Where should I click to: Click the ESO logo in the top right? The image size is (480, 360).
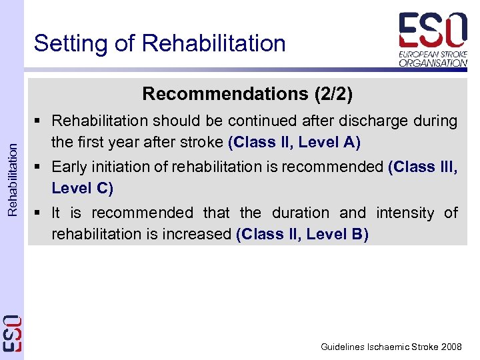coord(433,39)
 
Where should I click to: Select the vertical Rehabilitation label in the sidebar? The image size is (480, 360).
coord(13,173)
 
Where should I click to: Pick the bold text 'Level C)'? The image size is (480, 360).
coord(83,188)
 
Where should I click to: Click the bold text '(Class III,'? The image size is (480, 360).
coord(423,167)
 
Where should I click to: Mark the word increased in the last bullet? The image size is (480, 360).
coord(198,234)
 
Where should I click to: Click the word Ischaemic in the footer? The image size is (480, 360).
coord(392,347)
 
